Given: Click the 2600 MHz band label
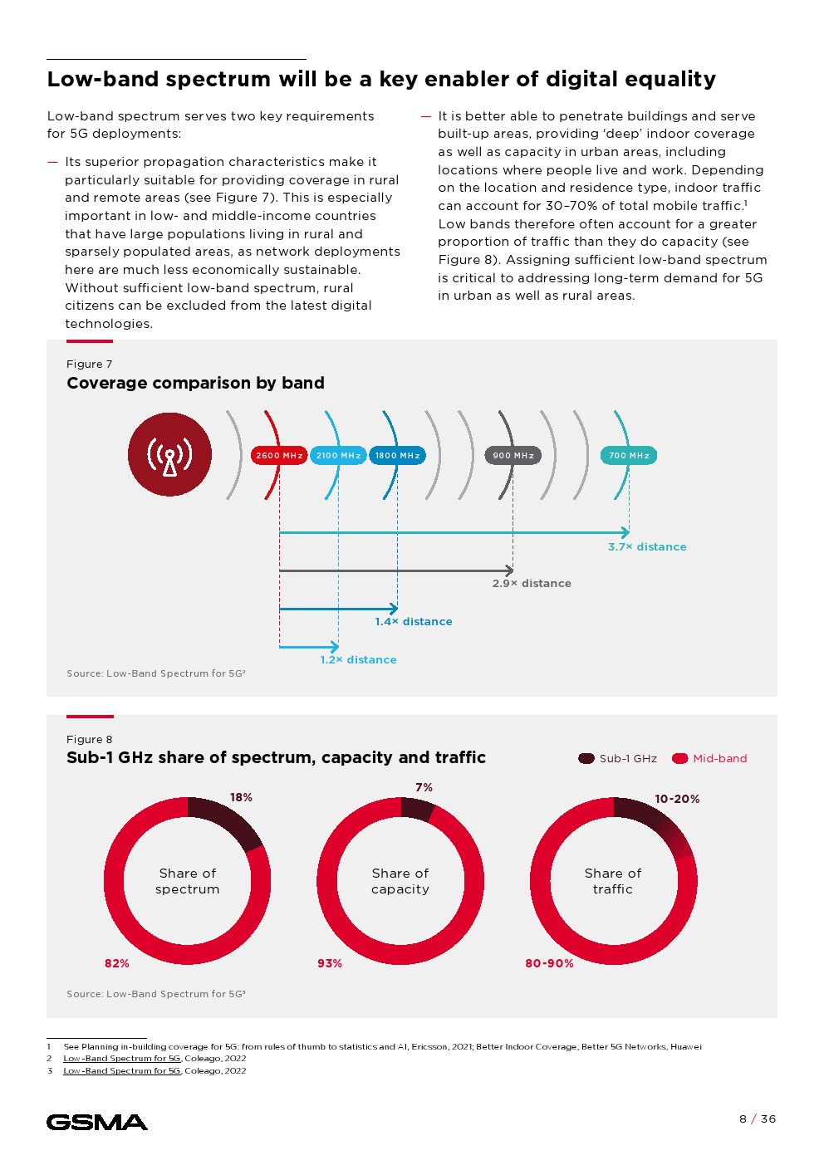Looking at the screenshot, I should [x=279, y=455].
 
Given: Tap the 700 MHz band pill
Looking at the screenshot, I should [x=629, y=455].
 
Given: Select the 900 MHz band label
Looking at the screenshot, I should [x=513, y=455].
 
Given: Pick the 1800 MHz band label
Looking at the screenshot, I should [x=397, y=455].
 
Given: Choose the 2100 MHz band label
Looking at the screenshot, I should [x=338, y=455].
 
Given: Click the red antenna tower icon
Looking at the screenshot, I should [x=169, y=454].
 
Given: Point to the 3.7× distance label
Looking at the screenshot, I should [x=647, y=547].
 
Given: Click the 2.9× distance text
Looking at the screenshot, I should [x=532, y=584].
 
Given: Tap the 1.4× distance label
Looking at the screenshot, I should [x=414, y=622].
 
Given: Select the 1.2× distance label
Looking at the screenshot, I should [x=358, y=660].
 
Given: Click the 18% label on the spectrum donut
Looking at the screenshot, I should [x=241, y=797].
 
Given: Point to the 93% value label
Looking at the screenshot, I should [x=330, y=963].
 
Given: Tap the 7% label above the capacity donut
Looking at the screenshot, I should [x=424, y=787].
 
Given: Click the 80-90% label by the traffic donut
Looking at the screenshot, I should [x=549, y=963].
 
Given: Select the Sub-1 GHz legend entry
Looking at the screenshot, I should [x=618, y=758].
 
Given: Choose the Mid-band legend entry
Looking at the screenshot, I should [x=710, y=758].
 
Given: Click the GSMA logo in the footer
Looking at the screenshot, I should [x=97, y=1123].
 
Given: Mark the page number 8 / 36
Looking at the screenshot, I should [x=758, y=1118].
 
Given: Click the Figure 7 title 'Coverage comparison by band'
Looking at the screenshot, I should [x=195, y=383].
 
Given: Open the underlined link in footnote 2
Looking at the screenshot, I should [x=121, y=1059].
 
